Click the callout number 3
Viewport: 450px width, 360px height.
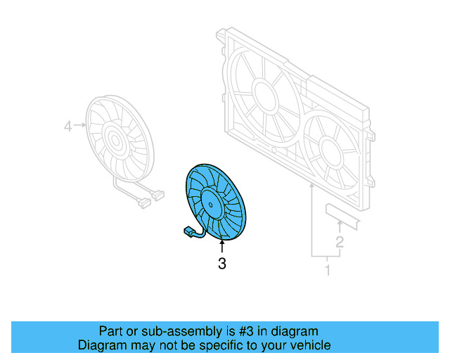tap(222, 264)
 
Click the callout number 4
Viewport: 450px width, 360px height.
tap(68, 127)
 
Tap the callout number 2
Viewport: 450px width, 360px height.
tap(340, 243)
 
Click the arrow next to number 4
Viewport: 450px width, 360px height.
tap(80, 127)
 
